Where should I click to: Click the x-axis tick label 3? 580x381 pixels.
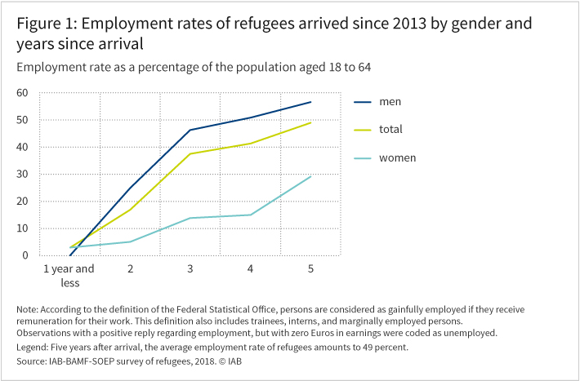click(x=190, y=268)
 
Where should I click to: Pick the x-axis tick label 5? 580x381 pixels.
click(x=310, y=268)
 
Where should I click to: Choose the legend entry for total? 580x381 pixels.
click(x=390, y=129)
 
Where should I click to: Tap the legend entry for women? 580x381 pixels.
click(x=396, y=157)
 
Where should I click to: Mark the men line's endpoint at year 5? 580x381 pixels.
click(x=310, y=102)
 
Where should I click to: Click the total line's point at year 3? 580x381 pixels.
click(x=190, y=153)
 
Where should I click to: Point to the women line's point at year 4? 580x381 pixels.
click(x=250, y=215)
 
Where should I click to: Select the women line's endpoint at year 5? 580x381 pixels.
click(x=310, y=176)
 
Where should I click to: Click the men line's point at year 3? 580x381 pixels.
click(x=190, y=130)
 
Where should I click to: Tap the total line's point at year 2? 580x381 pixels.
click(x=131, y=210)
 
